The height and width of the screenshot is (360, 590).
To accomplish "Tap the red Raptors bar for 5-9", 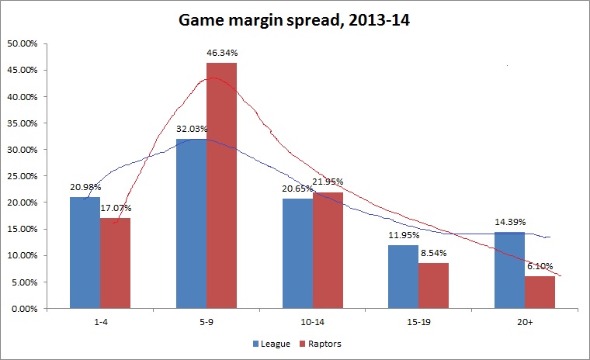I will point(221,186).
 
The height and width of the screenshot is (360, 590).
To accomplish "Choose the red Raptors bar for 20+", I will point(540,292).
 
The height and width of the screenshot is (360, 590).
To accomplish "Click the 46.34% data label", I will point(222,53).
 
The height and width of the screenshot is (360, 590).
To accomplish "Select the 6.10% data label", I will point(540,266).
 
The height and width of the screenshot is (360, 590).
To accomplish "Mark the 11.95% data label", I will point(404,235).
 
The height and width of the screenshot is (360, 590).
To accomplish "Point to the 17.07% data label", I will point(115,208).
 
